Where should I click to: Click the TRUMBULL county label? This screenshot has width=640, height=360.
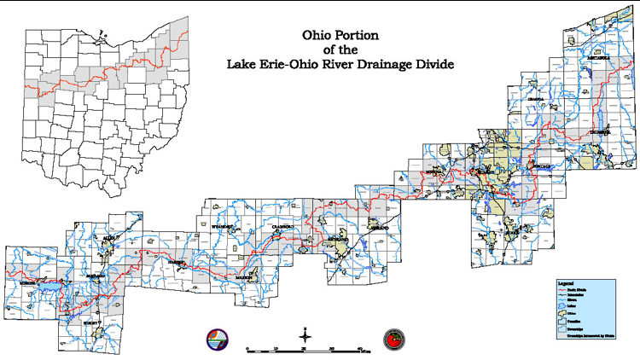[599, 133]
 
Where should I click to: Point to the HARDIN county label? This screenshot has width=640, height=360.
[177, 262]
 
